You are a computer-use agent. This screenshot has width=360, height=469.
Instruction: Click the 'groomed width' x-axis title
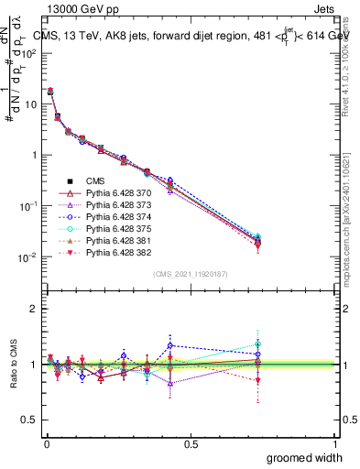305,457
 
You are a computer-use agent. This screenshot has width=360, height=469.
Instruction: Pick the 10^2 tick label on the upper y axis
27,53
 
